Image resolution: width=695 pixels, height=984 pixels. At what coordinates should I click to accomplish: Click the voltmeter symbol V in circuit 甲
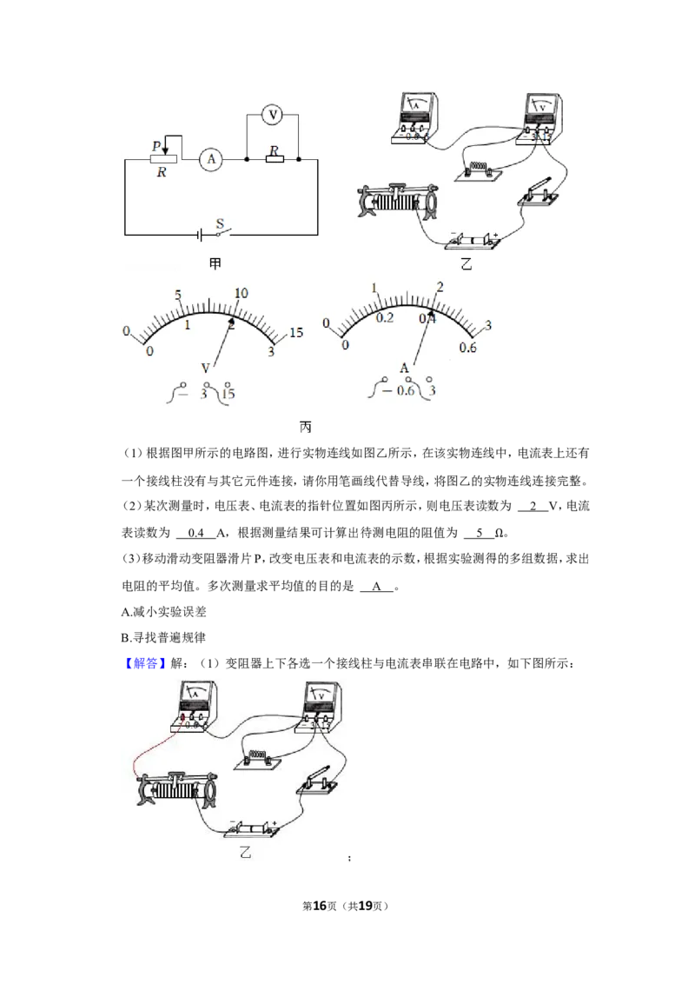[272, 115]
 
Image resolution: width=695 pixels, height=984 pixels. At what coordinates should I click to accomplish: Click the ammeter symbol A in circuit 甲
[211, 159]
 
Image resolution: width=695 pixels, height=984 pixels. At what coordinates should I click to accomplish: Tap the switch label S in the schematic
[220, 223]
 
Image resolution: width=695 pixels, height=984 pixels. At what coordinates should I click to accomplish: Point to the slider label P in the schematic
[156, 146]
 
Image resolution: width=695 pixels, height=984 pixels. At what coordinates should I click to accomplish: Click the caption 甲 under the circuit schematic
[215, 263]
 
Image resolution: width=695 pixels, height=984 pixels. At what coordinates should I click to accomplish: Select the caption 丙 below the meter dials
[306, 427]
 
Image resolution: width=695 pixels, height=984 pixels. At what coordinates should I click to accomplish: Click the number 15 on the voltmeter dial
[296, 332]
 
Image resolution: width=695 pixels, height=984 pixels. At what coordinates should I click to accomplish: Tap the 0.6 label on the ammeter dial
[467, 348]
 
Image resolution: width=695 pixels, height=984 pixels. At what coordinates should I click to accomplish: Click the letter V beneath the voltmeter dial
[205, 369]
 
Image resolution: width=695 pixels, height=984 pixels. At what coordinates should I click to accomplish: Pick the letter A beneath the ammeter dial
[404, 368]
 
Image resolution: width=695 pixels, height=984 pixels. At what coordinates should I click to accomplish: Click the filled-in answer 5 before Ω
[480, 533]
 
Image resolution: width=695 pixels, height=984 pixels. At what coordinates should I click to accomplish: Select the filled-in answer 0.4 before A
[196, 533]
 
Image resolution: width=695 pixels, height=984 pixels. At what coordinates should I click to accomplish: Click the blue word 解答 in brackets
[146, 663]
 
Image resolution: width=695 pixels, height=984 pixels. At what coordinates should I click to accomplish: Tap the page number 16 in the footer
[320, 906]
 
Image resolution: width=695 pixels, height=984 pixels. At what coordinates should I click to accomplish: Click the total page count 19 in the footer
[365, 906]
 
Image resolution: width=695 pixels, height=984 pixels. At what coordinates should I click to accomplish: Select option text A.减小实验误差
[163, 611]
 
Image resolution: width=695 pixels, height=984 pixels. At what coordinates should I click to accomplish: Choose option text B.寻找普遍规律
[163, 637]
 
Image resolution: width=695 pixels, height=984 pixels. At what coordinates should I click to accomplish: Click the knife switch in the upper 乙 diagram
[538, 192]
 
